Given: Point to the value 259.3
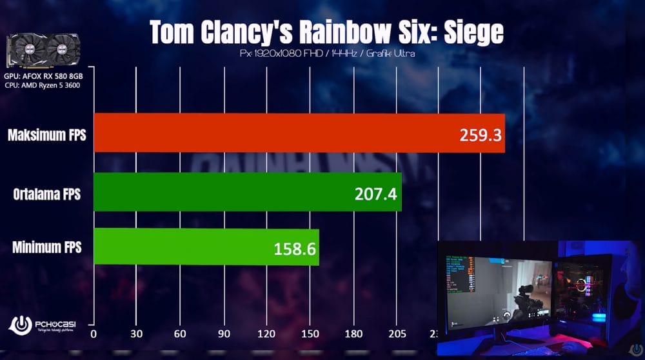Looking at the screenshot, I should point(480,135).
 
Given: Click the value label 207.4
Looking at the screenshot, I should point(375,193).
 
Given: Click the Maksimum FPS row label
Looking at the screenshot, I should point(46,135).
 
